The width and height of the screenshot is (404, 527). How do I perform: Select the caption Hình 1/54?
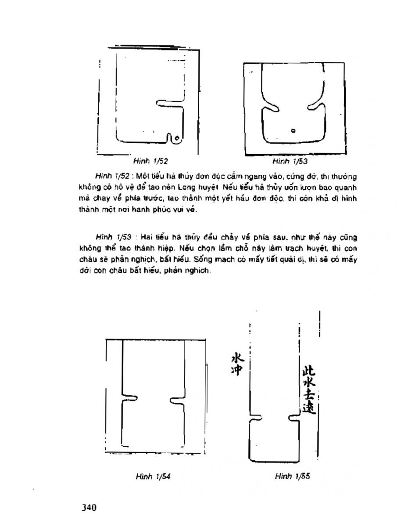click(151, 476)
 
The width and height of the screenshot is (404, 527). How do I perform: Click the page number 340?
click(89, 508)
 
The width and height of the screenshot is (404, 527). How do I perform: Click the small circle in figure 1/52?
click(176, 139)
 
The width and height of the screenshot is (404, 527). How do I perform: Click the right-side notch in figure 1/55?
click(293, 416)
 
